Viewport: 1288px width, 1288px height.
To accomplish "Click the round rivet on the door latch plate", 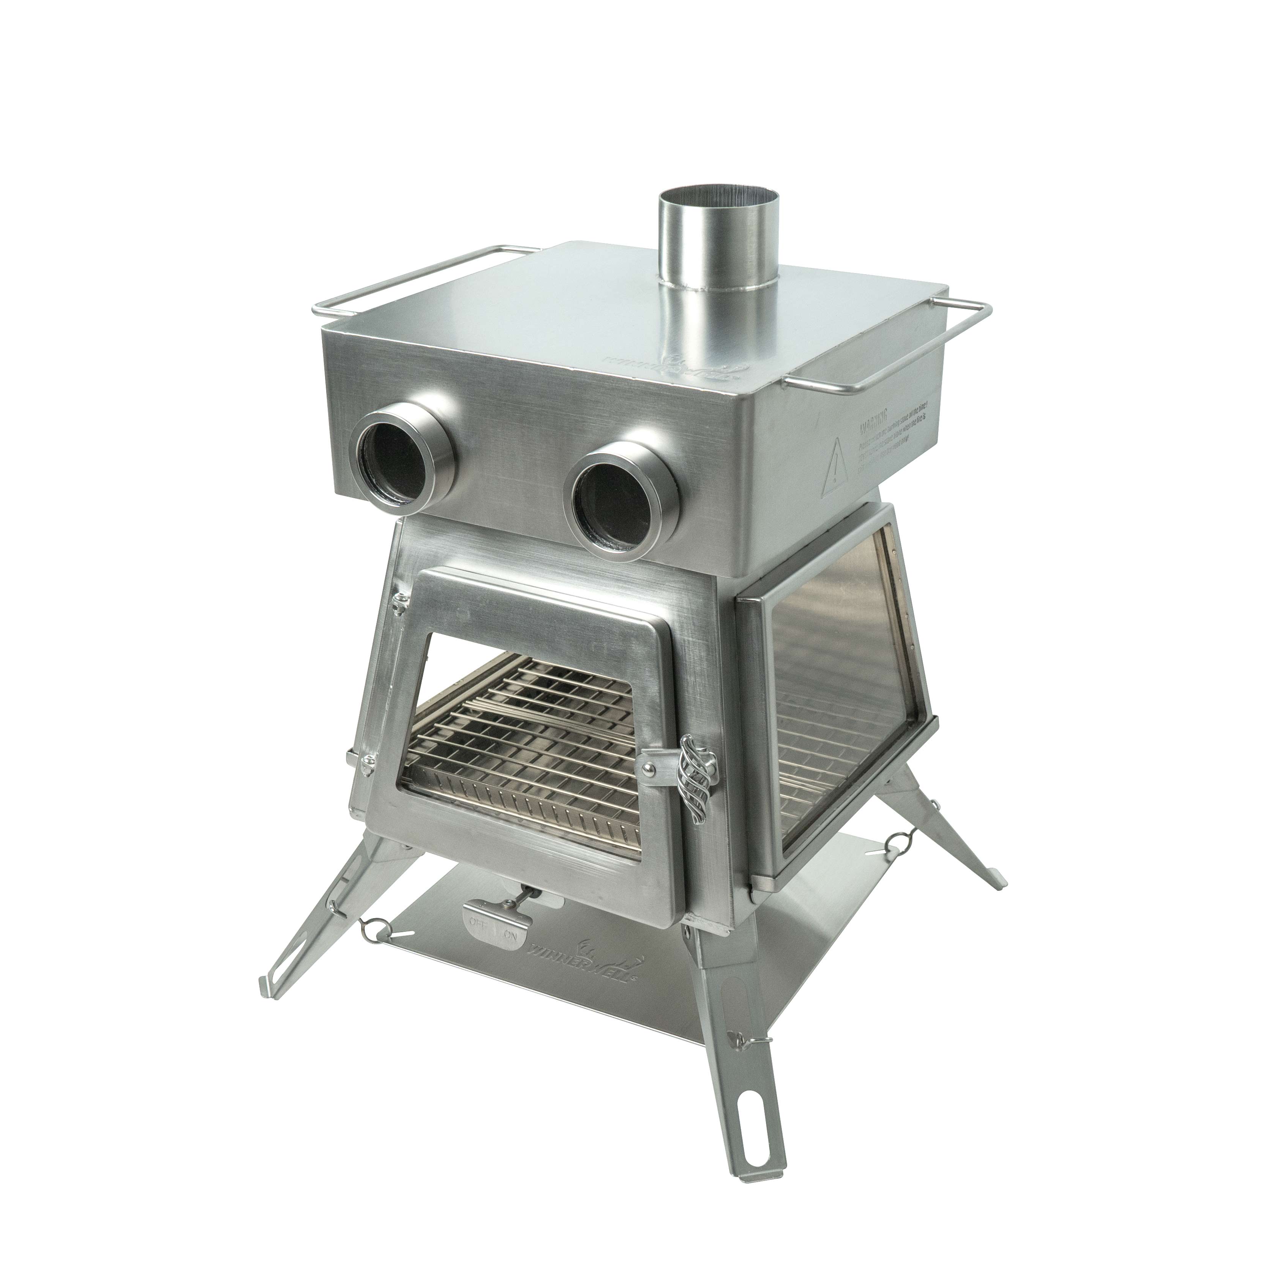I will (x=646, y=771).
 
